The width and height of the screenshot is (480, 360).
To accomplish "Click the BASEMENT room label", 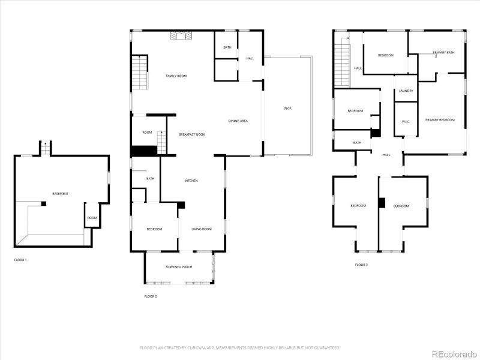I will pos(60,194).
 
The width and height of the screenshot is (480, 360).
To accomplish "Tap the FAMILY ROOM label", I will pos(176,76).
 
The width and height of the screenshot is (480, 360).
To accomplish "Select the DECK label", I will pos(287,109).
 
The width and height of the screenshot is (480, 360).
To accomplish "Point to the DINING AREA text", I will pos(238,121).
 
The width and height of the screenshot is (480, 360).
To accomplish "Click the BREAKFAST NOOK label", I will pos(191,134).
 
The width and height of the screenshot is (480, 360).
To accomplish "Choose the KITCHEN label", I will pos(191,181).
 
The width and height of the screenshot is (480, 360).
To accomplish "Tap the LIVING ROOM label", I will pos(202,229).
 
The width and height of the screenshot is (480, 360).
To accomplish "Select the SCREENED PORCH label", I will pos(179,266).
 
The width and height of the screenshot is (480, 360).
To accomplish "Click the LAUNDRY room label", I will pos(406,91).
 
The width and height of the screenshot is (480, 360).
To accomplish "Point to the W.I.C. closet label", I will pos(406,122).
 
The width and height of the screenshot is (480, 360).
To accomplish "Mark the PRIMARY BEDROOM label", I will pos(440,120).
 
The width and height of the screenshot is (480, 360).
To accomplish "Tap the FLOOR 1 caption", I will pos(20,260).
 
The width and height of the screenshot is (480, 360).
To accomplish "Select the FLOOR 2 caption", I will pos(150,296).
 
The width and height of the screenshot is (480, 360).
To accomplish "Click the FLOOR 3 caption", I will pos(361,265).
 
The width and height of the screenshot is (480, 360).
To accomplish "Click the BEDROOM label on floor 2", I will pos(154,229).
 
